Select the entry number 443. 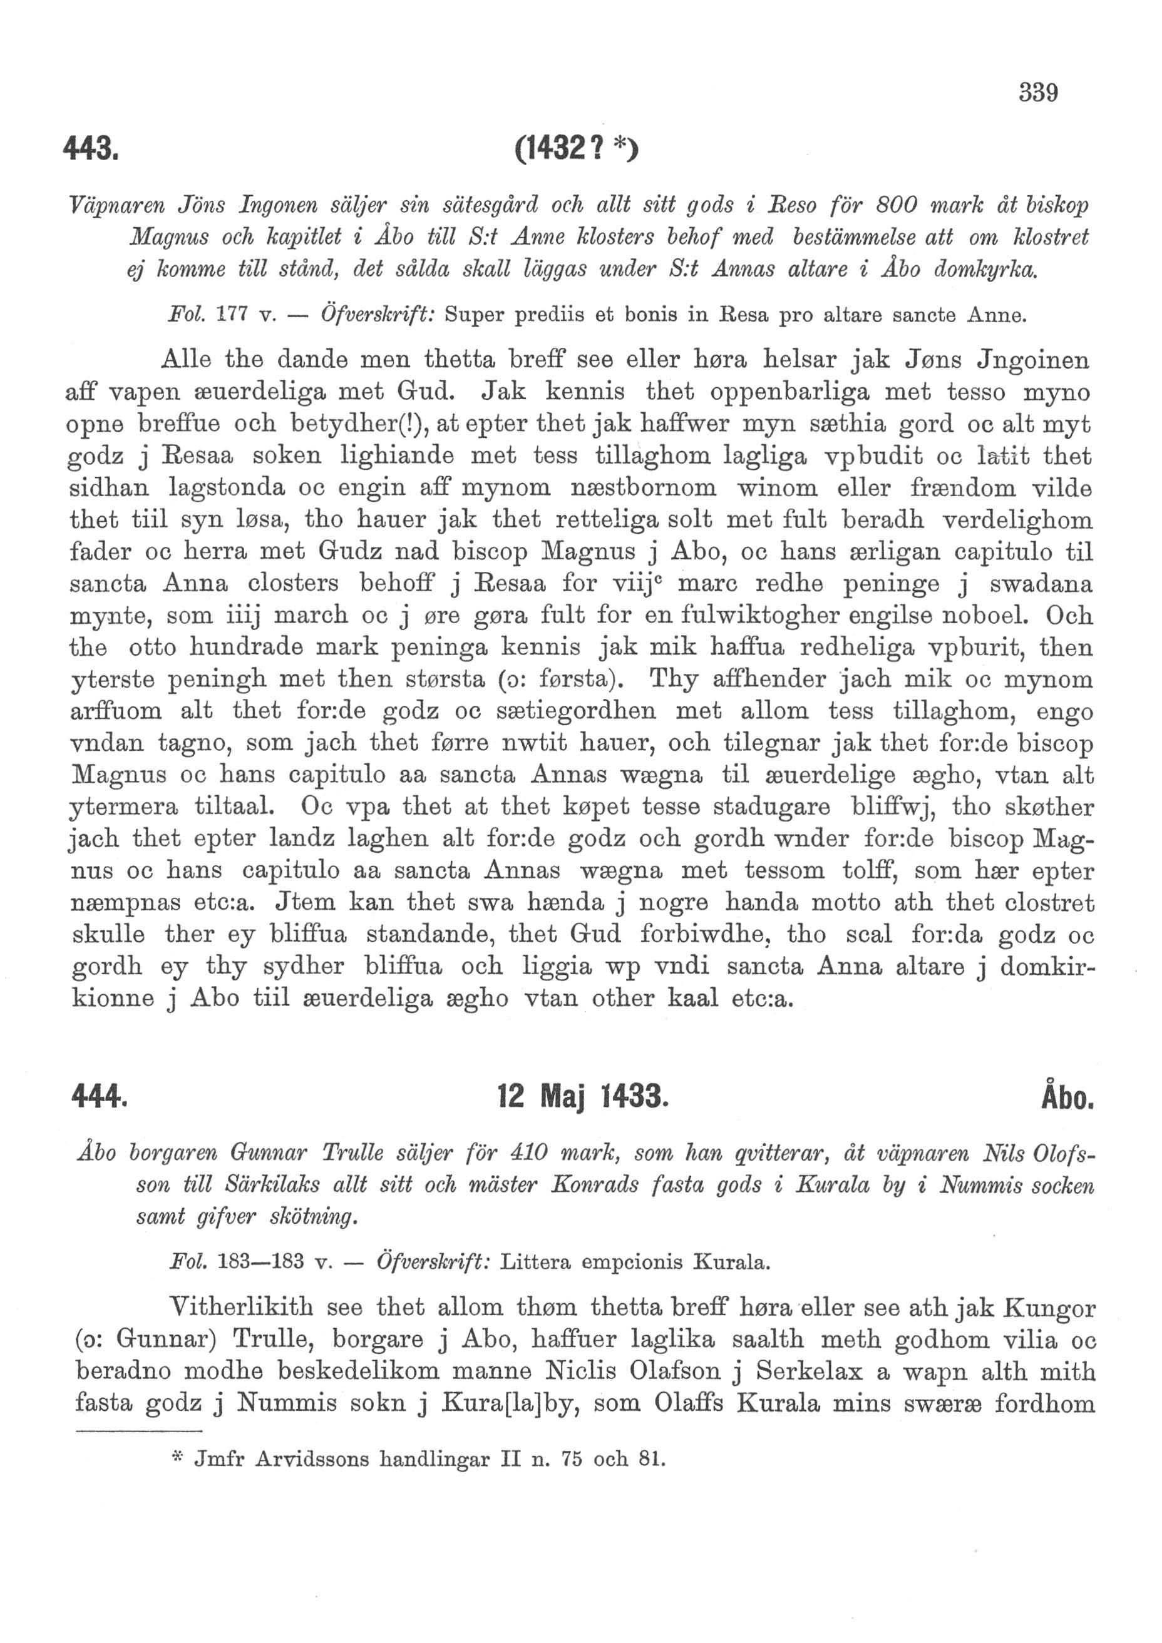coord(89,150)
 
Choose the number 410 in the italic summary coord(528,1154)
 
